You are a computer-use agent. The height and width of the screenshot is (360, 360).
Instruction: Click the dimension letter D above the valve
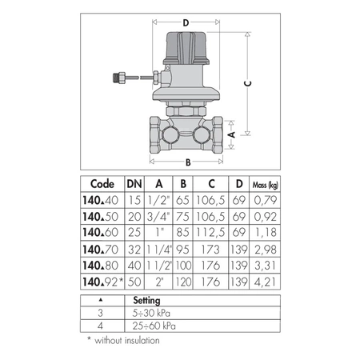point(185,23)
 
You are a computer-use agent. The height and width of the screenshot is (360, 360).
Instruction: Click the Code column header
point(101,182)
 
